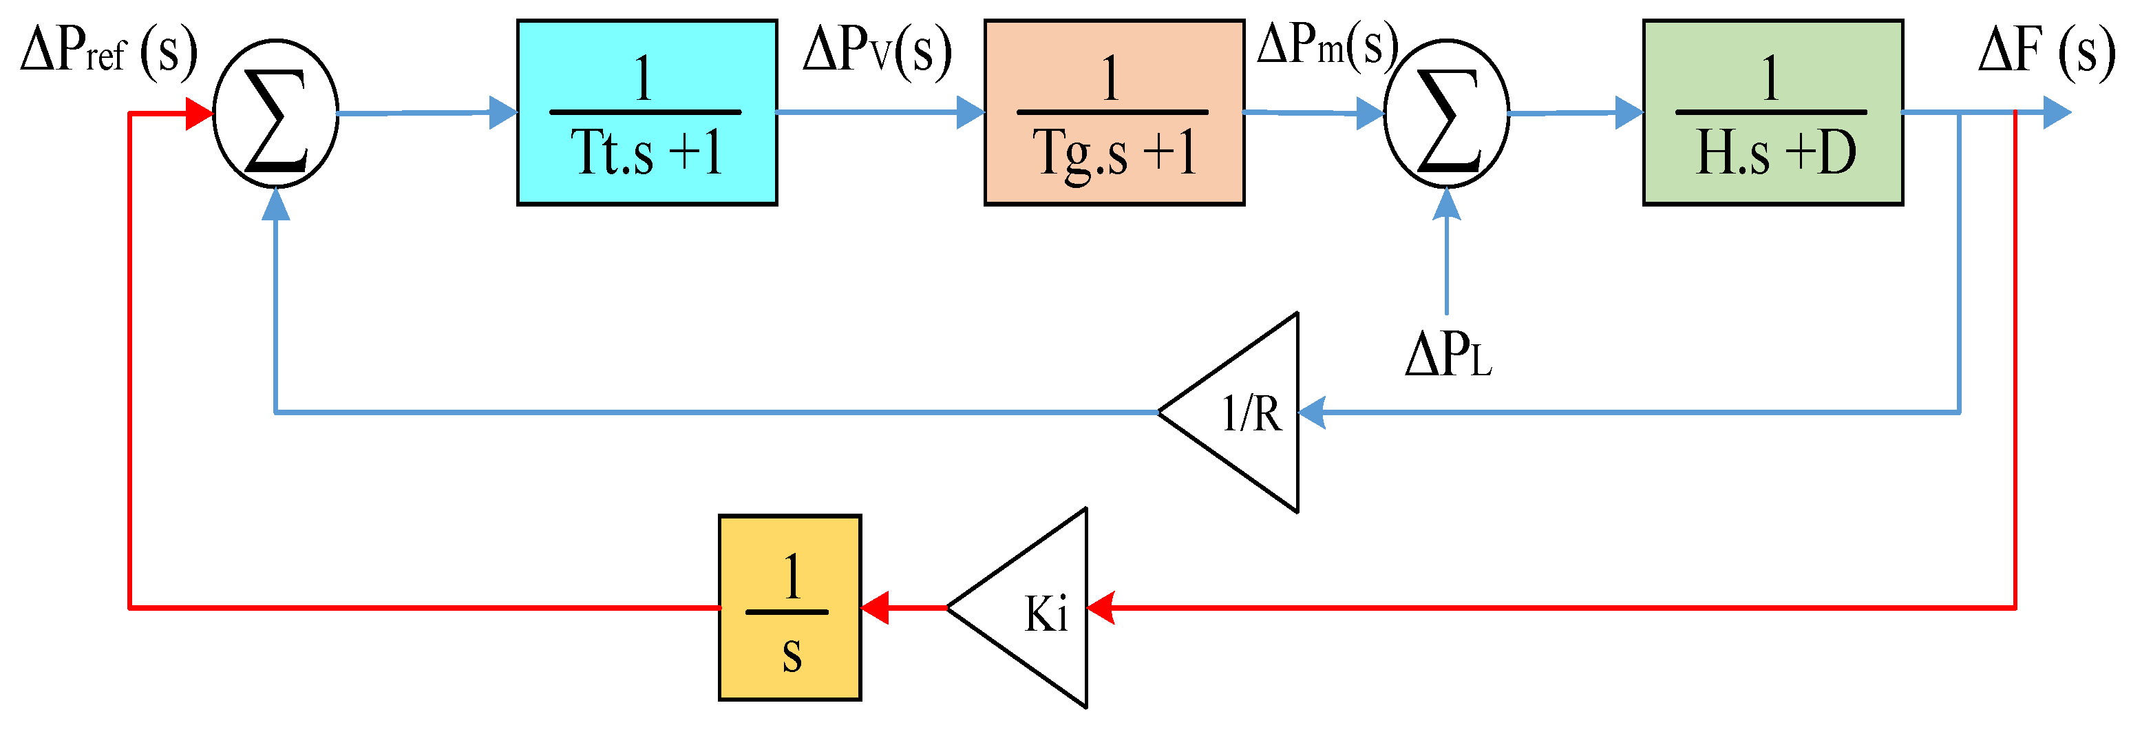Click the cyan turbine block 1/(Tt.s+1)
(x=646, y=112)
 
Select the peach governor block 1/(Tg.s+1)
(x=1114, y=112)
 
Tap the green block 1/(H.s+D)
(x=1772, y=112)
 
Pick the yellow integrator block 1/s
(x=789, y=608)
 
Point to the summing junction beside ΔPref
(x=275, y=114)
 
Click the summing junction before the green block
(x=1446, y=114)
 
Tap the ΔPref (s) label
(x=108, y=52)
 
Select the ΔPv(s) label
(x=877, y=52)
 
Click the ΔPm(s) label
(x=1326, y=45)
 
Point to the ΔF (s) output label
(x=2045, y=52)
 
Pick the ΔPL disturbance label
(x=1448, y=356)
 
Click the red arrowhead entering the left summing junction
(x=198, y=114)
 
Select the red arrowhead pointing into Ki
(x=1100, y=608)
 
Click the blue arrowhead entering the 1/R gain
(x=1312, y=412)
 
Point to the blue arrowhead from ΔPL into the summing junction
(x=1446, y=204)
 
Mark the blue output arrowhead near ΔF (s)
(x=2057, y=112)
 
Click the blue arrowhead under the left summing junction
(x=275, y=204)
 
